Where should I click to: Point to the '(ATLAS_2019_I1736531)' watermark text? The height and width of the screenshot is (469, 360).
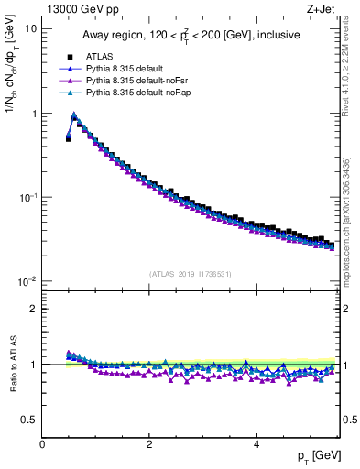coord(190,273)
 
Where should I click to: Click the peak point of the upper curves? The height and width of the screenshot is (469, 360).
coord(74,115)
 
